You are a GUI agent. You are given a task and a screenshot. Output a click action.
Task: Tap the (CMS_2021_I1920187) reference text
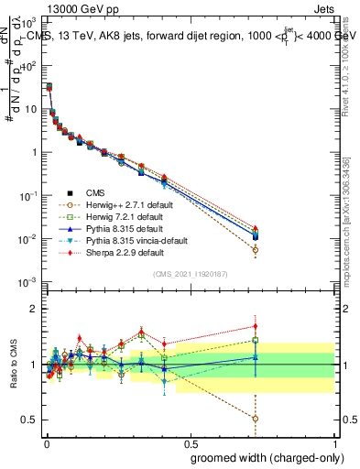pos(189,274)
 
